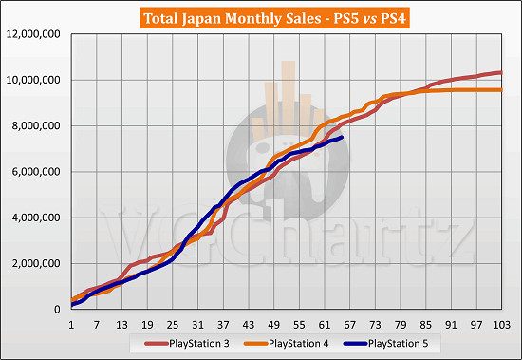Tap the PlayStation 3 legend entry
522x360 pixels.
point(191,341)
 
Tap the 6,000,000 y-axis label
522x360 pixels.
point(36,172)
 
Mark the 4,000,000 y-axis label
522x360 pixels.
point(36,218)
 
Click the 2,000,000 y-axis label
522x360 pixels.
point(36,263)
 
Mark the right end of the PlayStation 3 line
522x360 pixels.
point(501,72)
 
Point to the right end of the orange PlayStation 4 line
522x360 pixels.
point(501,90)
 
